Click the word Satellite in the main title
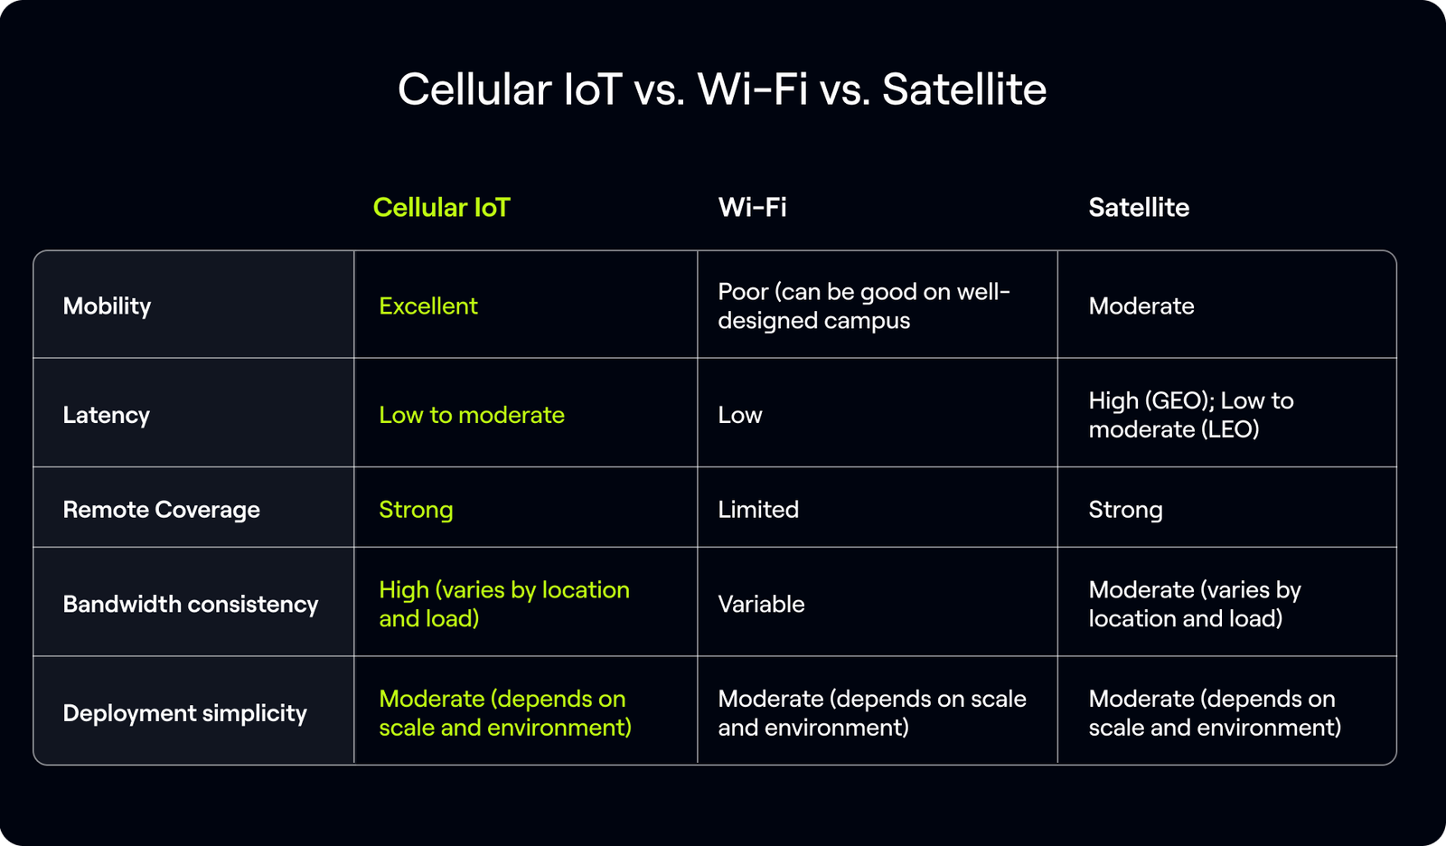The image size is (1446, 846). click(963, 89)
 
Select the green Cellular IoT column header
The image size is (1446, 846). click(441, 207)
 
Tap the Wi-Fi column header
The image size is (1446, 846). click(752, 207)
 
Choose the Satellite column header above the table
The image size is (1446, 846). click(1139, 207)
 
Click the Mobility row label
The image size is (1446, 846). click(107, 305)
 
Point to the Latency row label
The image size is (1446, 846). click(106, 415)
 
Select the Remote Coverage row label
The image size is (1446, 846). click(161, 509)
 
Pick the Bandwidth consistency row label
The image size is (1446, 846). click(190, 604)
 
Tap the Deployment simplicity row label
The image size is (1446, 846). click(184, 713)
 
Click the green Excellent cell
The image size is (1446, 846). click(427, 305)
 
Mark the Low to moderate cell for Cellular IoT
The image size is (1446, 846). click(471, 415)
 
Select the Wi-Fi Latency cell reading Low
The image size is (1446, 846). click(739, 415)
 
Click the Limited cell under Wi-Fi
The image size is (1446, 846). click(757, 509)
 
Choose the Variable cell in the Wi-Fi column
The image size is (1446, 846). click(761, 604)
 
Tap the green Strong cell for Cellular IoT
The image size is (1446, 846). click(416, 509)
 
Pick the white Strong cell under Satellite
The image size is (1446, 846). click(1125, 509)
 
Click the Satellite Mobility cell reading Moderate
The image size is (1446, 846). click(1141, 305)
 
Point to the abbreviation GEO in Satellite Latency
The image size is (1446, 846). click(1173, 400)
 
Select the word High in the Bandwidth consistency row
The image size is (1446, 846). click(403, 589)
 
